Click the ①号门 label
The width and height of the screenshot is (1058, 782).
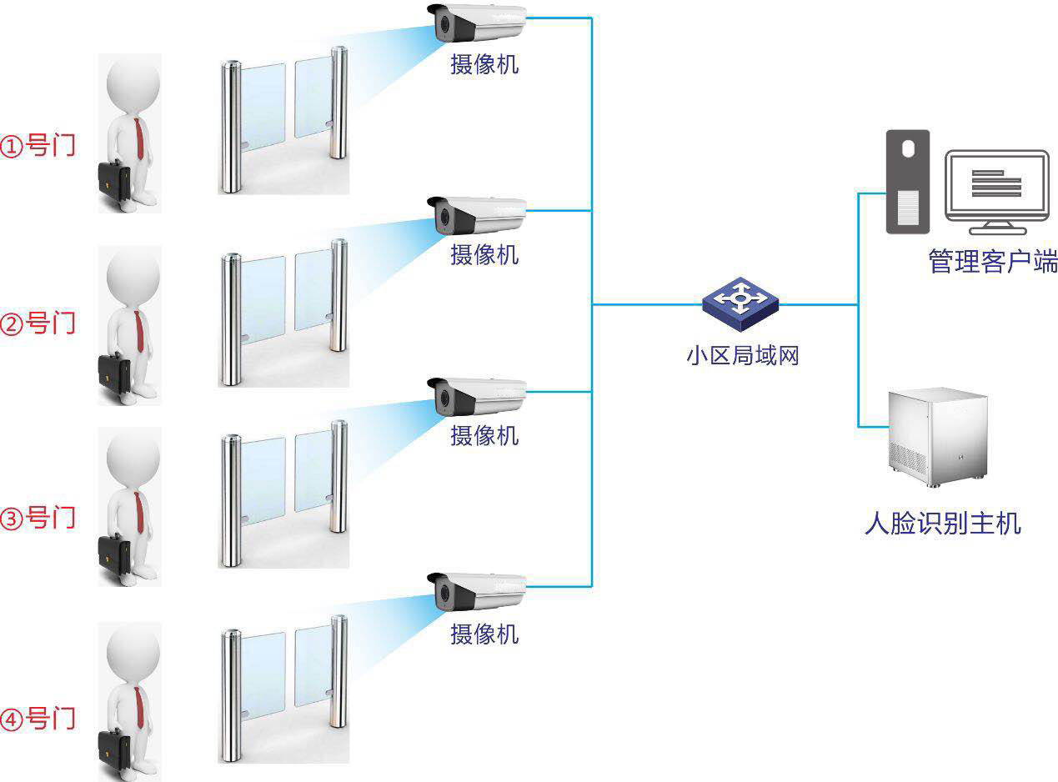coord(38,145)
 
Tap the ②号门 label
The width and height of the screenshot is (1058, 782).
coord(38,323)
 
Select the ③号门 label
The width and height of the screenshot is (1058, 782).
coord(38,518)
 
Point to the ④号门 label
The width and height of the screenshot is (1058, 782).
coord(38,718)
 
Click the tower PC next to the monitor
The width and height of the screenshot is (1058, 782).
coord(907,181)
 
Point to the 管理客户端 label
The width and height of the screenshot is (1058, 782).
coord(992,262)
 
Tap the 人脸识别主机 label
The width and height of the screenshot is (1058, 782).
coord(942,524)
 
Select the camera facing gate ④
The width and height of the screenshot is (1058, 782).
coord(478,593)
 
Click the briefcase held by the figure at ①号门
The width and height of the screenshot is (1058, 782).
coord(114,181)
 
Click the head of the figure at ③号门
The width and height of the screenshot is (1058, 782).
coord(133,457)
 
